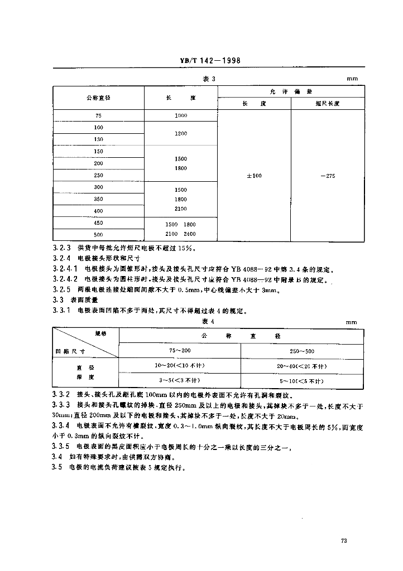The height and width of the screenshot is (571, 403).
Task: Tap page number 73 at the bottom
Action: click(344, 540)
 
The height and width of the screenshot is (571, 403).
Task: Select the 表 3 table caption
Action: click(208, 80)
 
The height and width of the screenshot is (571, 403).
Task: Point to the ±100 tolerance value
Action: click(254, 176)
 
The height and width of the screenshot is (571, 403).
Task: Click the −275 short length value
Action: click(328, 176)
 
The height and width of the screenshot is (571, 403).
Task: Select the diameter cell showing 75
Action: click(99, 115)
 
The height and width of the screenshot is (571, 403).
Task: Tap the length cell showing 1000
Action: click(180, 115)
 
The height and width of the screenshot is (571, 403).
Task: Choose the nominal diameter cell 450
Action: click(99, 223)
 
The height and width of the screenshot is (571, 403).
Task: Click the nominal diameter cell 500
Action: click(99, 235)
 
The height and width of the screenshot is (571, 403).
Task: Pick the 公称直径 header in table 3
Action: click(99, 98)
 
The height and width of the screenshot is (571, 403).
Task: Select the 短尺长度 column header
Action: click(328, 104)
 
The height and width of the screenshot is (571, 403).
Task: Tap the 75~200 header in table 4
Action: click(180, 351)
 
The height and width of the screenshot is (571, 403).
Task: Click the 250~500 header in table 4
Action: click(302, 351)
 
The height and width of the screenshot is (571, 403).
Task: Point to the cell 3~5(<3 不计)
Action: click(180, 380)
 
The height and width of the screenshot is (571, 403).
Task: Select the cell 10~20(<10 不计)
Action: click(180, 366)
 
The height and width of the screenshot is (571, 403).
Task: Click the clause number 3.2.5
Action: click(61, 289)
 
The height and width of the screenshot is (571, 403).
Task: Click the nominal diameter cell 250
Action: click(99, 175)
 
